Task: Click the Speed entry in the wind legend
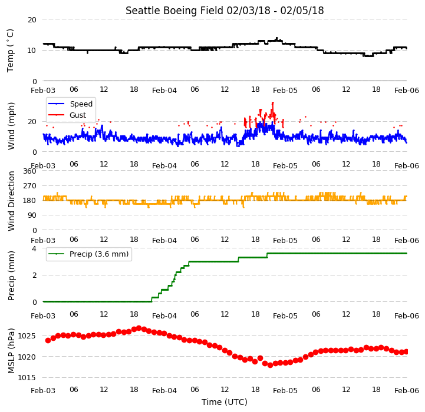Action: click(70, 104)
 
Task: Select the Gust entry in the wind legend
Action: click(67, 115)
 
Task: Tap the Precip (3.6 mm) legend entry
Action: click(88, 254)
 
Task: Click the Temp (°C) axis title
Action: click(10, 51)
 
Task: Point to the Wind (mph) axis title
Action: click(11, 126)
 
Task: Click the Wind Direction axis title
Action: click(11, 201)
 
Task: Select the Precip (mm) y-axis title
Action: click(11, 275)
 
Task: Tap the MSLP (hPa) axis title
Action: click(11, 351)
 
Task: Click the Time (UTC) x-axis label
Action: click(225, 402)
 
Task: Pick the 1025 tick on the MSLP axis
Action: click(27, 336)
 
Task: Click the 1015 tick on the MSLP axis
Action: click(27, 378)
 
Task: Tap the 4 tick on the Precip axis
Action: click(34, 248)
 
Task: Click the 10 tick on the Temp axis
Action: click(32, 51)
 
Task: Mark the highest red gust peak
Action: click(273, 103)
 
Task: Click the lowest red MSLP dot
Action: click(270, 365)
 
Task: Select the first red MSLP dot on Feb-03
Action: click(48, 340)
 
